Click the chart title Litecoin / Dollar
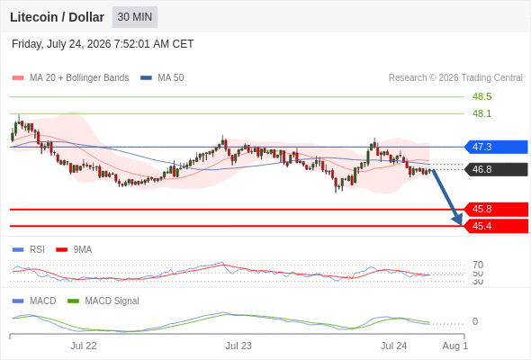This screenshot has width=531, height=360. [x=57, y=17]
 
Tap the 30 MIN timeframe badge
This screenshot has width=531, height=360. [x=135, y=17]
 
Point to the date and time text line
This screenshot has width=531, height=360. [x=103, y=44]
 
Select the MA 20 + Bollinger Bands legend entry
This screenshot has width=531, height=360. [x=70, y=78]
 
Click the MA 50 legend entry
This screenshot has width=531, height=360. [x=162, y=78]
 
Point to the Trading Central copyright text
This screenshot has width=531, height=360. [x=455, y=78]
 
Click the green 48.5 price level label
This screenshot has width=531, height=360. [x=481, y=96]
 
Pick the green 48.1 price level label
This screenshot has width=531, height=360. [x=481, y=113]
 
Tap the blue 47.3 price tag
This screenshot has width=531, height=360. [x=496, y=147]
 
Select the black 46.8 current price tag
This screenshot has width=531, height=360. [x=496, y=169]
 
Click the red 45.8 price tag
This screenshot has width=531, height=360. [x=496, y=210]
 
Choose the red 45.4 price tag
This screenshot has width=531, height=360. [x=496, y=226]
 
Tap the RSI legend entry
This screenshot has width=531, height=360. [x=29, y=250]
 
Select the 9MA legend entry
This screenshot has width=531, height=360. [x=74, y=250]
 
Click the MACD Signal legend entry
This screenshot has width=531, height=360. [x=103, y=301]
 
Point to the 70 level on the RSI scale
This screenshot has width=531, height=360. [x=478, y=265]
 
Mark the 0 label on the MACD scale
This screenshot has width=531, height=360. [x=475, y=321]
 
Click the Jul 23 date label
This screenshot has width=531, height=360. [x=238, y=346]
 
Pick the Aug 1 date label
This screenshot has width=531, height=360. [x=455, y=346]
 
